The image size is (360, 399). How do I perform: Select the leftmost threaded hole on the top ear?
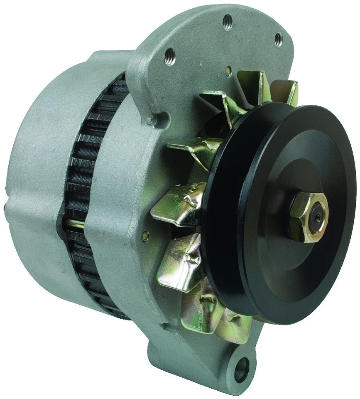tap(169, 56)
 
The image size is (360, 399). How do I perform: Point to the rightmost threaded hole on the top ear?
tap(278, 39)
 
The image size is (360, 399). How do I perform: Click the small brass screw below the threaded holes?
tap(228, 71)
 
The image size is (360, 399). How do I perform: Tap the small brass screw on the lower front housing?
tap(145, 236)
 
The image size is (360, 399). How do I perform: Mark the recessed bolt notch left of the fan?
tap(158, 119)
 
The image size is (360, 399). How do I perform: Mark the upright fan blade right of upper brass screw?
tap(252, 85)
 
